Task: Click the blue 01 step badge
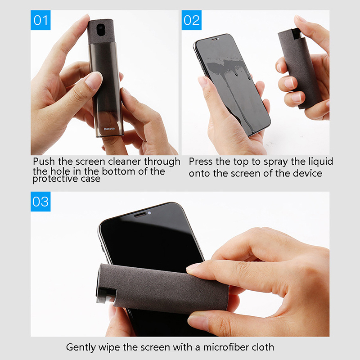pyautogui.click(x=40, y=20)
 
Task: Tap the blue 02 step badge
pyautogui.click(x=192, y=20)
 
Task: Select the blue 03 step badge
pyautogui.click(x=40, y=201)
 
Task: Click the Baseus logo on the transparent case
pyautogui.click(x=109, y=129)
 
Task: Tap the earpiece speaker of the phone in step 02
pyautogui.click(x=215, y=39)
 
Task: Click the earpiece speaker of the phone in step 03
pyautogui.click(x=140, y=215)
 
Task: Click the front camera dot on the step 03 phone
pyautogui.click(x=149, y=213)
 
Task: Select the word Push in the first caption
pyautogui.click(x=44, y=162)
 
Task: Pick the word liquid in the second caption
pyautogui.click(x=320, y=162)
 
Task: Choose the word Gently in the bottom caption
pyautogui.click(x=81, y=347)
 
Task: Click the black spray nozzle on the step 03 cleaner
pyautogui.click(x=106, y=296)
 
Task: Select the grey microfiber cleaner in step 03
pyautogui.click(x=163, y=288)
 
